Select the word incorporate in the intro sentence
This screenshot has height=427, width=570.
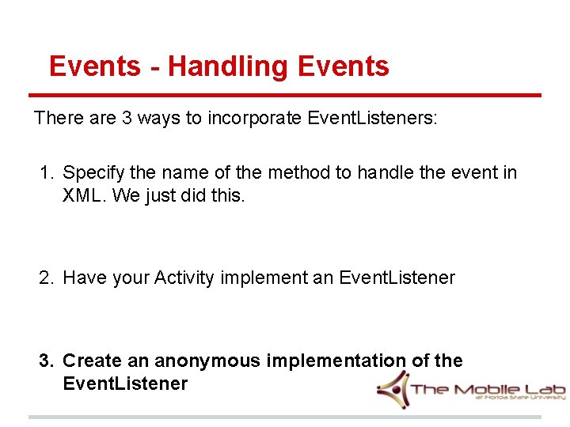click(x=253, y=119)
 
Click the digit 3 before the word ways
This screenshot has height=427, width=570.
click(x=127, y=119)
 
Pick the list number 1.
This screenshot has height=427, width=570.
click(x=47, y=172)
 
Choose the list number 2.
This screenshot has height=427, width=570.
click(x=47, y=278)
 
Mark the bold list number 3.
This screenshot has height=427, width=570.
click(x=47, y=361)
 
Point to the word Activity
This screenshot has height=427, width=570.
click(x=184, y=278)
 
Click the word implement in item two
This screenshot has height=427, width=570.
click(x=263, y=278)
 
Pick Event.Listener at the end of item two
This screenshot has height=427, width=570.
click(x=397, y=278)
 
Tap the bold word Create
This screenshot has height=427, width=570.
click(x=93, y=361)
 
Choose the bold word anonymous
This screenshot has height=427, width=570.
click(x=207, y=361)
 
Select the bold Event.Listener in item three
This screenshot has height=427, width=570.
click(x=125, y=384)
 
